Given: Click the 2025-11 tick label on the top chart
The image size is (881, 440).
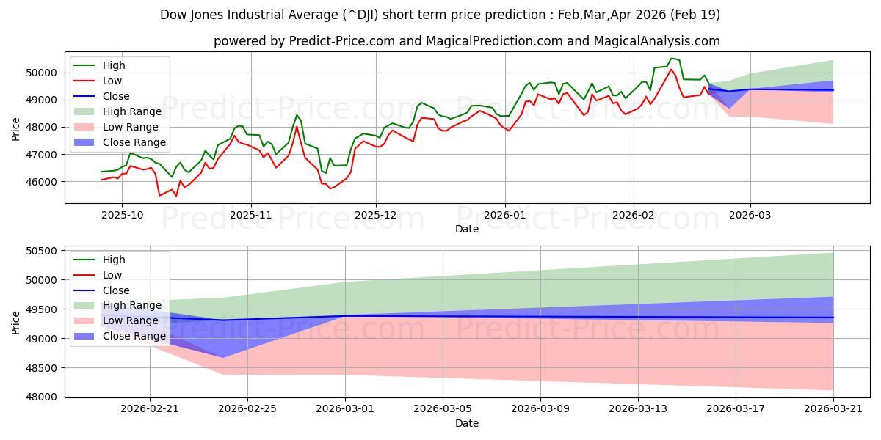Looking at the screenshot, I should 251,215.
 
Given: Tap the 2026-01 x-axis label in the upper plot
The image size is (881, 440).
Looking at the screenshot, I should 504,215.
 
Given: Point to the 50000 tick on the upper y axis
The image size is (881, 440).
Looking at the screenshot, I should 41,73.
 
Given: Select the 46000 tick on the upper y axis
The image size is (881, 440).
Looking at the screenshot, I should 41,182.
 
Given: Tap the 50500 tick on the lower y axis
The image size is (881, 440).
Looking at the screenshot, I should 41,251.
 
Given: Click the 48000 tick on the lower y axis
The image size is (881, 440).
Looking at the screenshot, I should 41,397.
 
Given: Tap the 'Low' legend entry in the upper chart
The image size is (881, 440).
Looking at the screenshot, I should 112,81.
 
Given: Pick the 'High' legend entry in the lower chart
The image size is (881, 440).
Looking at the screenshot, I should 114,260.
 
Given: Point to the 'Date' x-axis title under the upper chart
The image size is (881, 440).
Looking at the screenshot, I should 466,229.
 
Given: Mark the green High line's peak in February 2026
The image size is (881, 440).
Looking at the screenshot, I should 671,59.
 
